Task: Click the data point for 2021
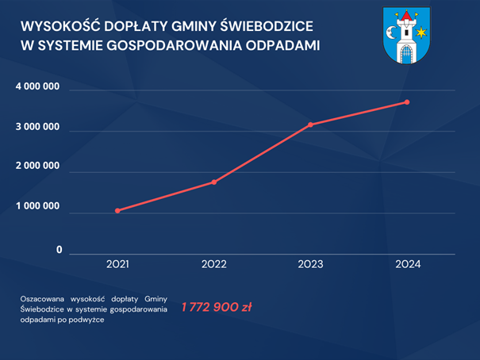click(117, 211)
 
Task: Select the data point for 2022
click(213, 182)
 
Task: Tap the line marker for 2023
click(310, 124)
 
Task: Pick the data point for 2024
click(407, 102)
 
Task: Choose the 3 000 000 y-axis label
click(38, 127)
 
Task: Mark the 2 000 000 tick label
click(38, 167)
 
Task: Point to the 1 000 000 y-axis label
click(38, 206)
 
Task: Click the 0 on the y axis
click(59, 250)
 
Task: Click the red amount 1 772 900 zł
click(217, 307)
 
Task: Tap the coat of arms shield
click(405, 36)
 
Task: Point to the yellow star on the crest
click(422, 32)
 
